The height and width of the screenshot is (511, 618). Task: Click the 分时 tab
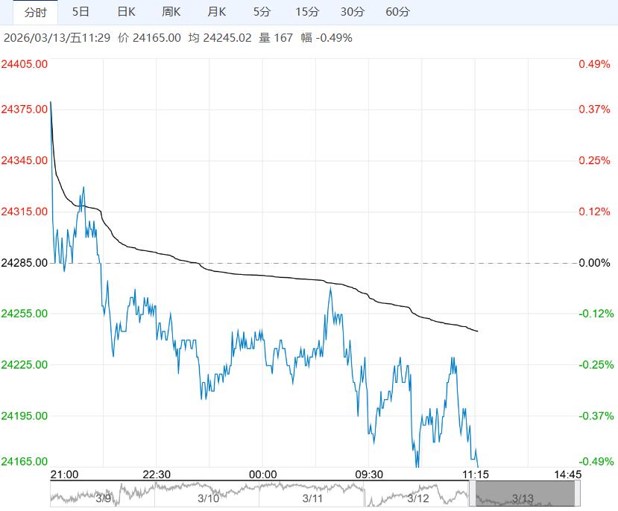point(35,12)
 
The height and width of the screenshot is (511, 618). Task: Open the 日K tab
point(127,12)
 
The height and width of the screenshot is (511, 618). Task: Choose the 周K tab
point(171,12)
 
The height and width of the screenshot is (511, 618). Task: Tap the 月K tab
point(217,12)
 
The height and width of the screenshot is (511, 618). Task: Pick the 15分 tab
point(306,12)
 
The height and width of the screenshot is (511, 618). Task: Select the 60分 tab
point(398,12)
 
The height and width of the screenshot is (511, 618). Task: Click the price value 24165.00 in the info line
point(156,37)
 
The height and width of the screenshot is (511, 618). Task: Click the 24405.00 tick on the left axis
point(25,65)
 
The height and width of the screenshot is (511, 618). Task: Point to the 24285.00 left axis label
point(25,263)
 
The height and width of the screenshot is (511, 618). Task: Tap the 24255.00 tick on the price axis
point(25,314)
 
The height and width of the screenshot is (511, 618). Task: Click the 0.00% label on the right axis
point(594,263)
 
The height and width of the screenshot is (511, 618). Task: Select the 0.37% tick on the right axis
point(594,110)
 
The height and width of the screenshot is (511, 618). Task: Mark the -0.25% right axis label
point(594,365)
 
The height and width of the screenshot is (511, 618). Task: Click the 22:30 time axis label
point(157,474)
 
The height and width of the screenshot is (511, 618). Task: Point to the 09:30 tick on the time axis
point(368,474)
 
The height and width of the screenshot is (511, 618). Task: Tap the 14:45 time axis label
point(567,474)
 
